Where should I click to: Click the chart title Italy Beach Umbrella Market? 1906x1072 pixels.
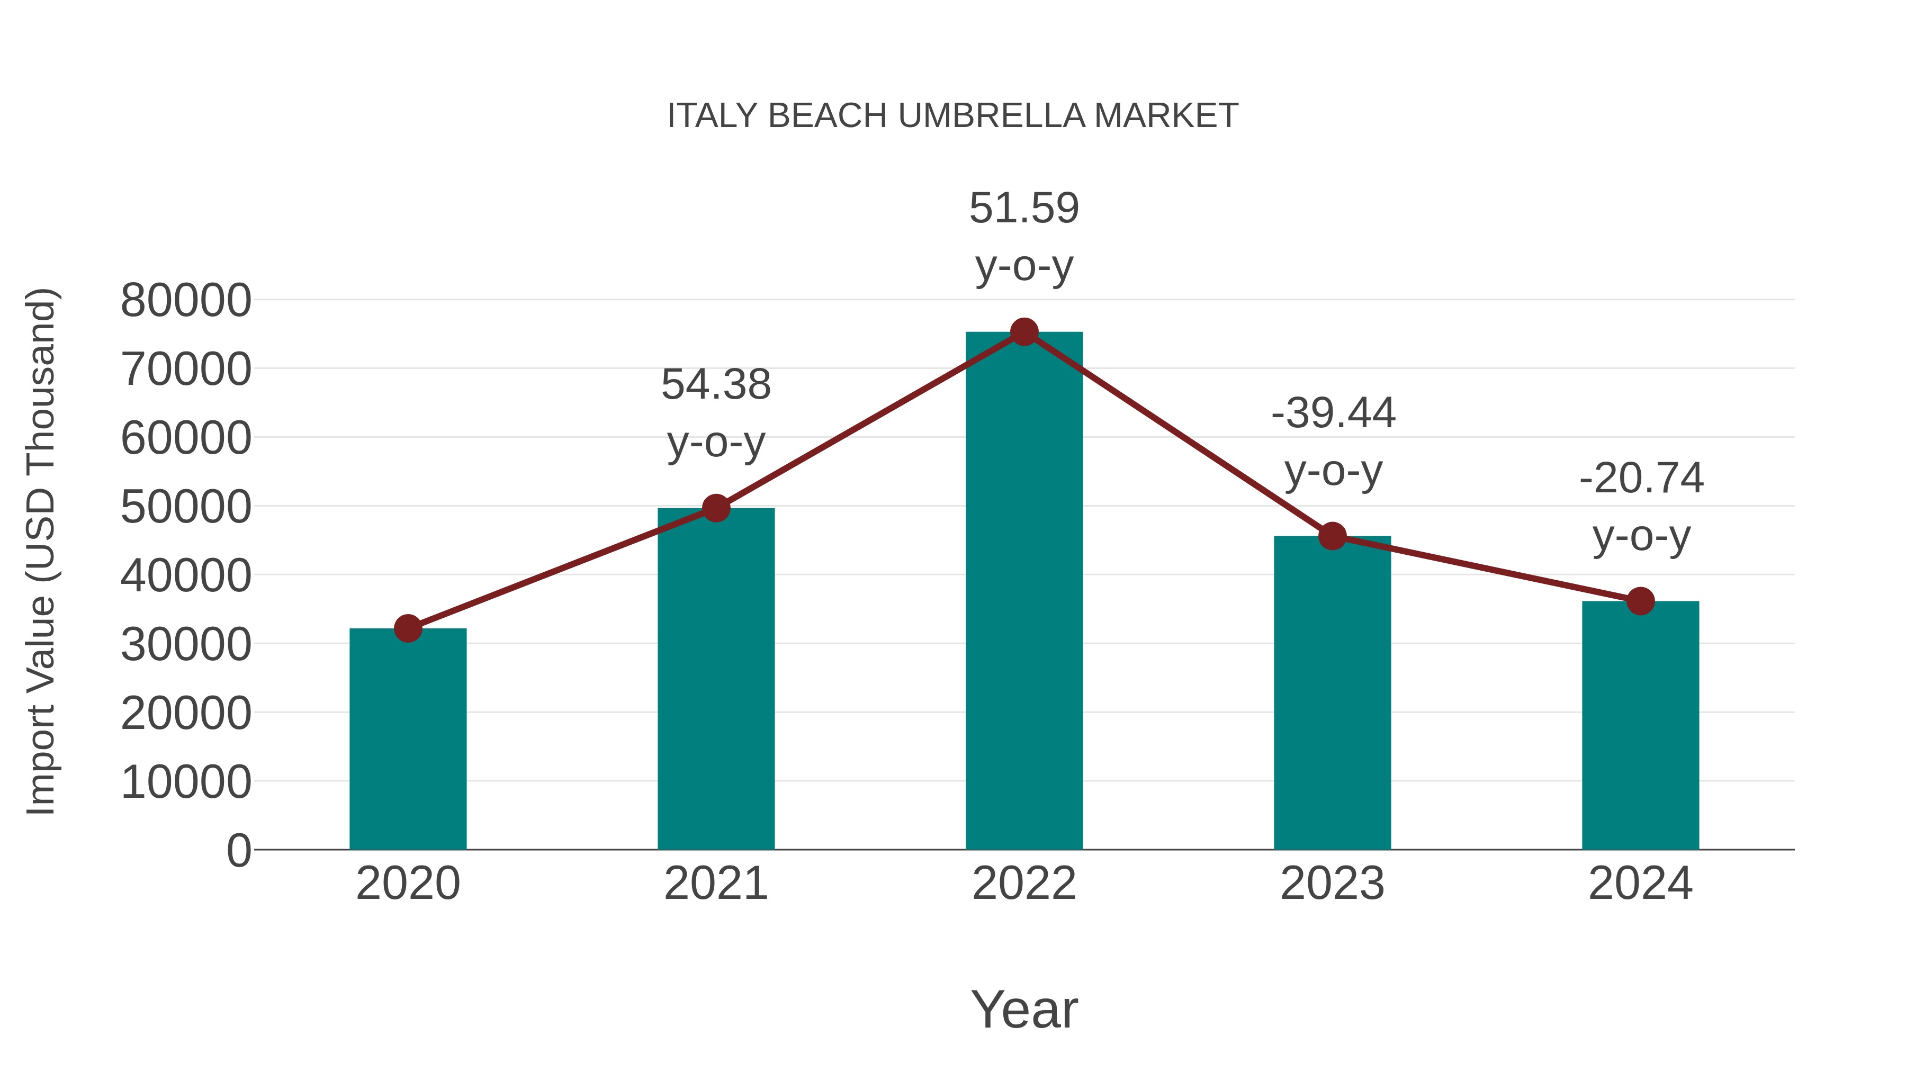click(x=952, y=116)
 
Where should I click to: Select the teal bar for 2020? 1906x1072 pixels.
click(x=408, y=740)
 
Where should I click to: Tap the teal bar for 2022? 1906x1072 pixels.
click(x=1024, y=592)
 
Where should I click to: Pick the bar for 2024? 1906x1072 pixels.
click(x=1640, y=725)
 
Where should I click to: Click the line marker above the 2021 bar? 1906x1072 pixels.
click(x=715, y=508)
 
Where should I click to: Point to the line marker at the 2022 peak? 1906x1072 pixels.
click(x=1024, y=332)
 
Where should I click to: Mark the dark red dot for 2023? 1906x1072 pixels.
click(x=1332, y=536)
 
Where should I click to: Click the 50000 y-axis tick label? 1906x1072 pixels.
click(x=186, y=508)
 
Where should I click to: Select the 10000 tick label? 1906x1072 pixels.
click(x=186, y=782)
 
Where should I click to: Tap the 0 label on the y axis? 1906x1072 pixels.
click(x=238, y=851)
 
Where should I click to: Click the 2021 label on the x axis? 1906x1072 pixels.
click(x=715, y=884)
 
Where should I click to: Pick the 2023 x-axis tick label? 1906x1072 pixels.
click(x=1332, y=884)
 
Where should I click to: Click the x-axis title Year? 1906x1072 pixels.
click(x=1024, y=1009)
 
